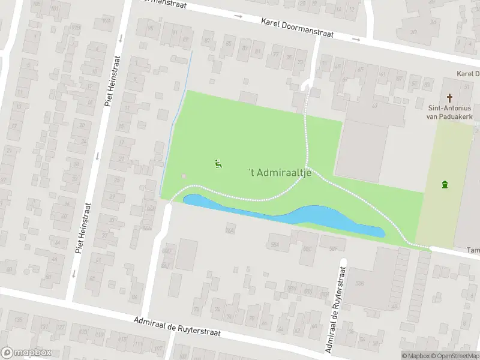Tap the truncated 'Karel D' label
point(467,73)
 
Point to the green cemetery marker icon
point(445,184)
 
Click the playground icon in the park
point(218,163)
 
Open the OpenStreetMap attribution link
point(455,356)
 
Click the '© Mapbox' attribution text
point(415,356)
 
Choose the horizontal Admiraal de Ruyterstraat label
point(178,328)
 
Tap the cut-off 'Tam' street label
point(473,251)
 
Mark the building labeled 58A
point(275,245)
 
